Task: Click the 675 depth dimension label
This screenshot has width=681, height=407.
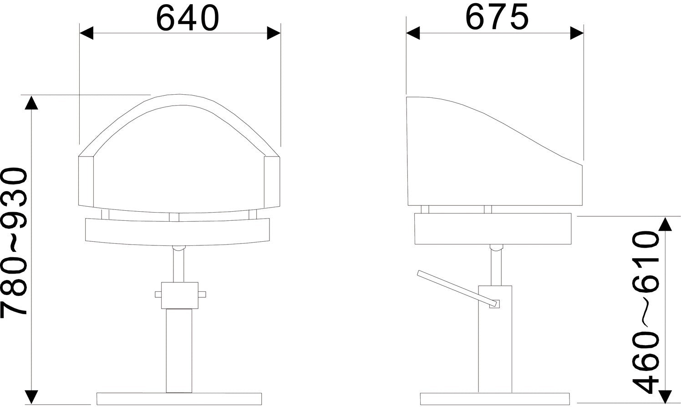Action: [x=498, y=17]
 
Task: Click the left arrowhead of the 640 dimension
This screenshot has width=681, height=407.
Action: [x=86, y=33]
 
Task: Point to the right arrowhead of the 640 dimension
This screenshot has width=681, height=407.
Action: [x=274, y=33]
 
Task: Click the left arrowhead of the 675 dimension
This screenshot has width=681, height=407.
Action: [x=413, y=33]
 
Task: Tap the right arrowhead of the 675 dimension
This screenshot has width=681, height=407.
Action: [x=577, y=33]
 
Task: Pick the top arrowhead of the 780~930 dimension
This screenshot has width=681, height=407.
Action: [x=31, y=102]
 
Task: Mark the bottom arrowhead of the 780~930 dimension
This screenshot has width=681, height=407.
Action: [x=31, y=397]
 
